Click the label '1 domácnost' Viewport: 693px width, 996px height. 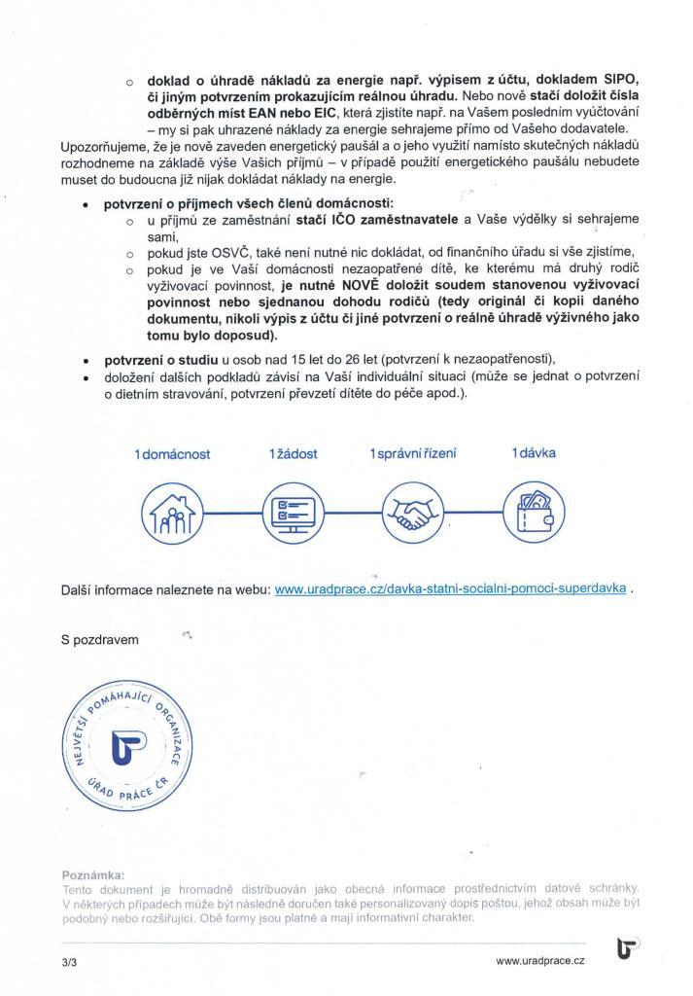[x=172, y=454]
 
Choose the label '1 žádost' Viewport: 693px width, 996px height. [x=293, y=454]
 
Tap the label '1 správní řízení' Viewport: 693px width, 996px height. [x=412, y=454]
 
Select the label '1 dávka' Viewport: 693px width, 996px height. [x=534, y=453]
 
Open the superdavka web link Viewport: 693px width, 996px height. [x=450, y=589]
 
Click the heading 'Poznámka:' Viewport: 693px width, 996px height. [x=92, y=874]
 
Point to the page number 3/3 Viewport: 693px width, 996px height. [x=69, y=961]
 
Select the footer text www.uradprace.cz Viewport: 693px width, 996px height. [x=539, y=961]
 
